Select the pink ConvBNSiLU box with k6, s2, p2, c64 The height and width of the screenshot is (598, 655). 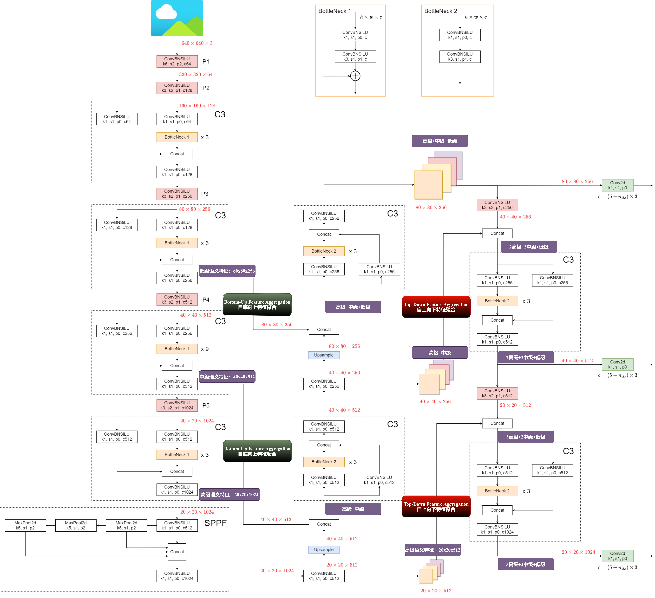tap(177, 61)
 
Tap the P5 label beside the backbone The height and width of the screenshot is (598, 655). tap(206, 405)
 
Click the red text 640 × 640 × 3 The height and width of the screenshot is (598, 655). tap(197, 43)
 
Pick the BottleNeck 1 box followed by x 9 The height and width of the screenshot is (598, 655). tap(177, 349)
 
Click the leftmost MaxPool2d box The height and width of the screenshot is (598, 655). tap(25, 525)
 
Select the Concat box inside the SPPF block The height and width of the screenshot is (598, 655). tap(177, 552)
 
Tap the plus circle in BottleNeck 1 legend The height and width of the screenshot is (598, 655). tap(355, 76)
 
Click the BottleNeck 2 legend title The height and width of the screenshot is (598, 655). tap(441, 11)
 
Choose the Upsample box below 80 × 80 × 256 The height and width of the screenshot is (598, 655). tap(324, 355)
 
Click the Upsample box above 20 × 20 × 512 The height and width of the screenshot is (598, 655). tap(324, 550)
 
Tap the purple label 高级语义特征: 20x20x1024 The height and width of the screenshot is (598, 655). tap(229, 494)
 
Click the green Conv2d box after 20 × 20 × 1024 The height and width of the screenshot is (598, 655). tap(617, 556)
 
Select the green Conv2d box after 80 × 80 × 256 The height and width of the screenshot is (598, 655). tap(617, 185)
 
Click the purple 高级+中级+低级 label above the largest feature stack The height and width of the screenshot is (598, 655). tap(440, 141)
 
